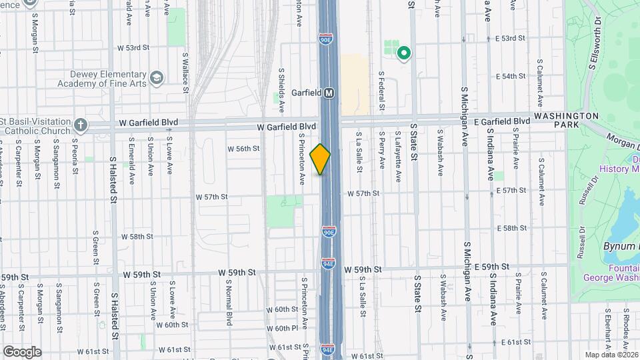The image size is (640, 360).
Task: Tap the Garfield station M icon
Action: tap(329, 93)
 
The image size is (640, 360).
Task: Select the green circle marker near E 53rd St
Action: tap(403, 53)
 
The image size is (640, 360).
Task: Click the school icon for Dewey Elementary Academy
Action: tap(156, 79)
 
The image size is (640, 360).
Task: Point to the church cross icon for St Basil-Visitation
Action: tap(81, 125)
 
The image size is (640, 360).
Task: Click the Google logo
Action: tap(22, 352)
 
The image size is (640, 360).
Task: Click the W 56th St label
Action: tap(243, 149)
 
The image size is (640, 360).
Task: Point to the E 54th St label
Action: tap(511, 77)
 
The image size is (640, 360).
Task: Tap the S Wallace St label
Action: tap(185, 73)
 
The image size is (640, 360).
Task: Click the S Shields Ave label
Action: tap(281, 89)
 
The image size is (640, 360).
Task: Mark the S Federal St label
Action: tap(381, 91)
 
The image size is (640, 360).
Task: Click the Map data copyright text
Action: tap(611, 355)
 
